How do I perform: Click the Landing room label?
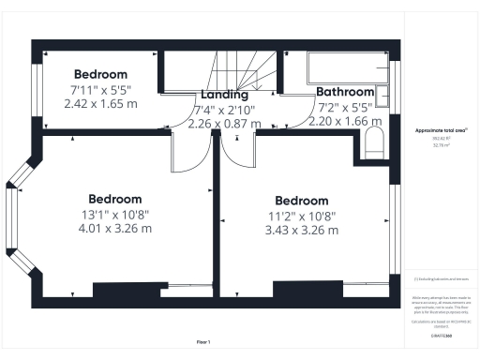coord(225,95)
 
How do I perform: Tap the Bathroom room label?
coord(345,92)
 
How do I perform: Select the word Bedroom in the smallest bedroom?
coord(100,74)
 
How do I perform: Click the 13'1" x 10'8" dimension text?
coord(114,213)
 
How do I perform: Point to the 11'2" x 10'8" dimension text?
coord(301,216)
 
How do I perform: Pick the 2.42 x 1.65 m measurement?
coord(100,103)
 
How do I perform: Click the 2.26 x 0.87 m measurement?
coord(225,123)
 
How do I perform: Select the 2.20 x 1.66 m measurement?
coord(345,121)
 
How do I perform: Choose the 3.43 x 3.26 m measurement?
coord(301,230)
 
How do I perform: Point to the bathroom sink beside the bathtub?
coord(382,92)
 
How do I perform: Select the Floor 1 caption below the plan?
coord(204,341)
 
